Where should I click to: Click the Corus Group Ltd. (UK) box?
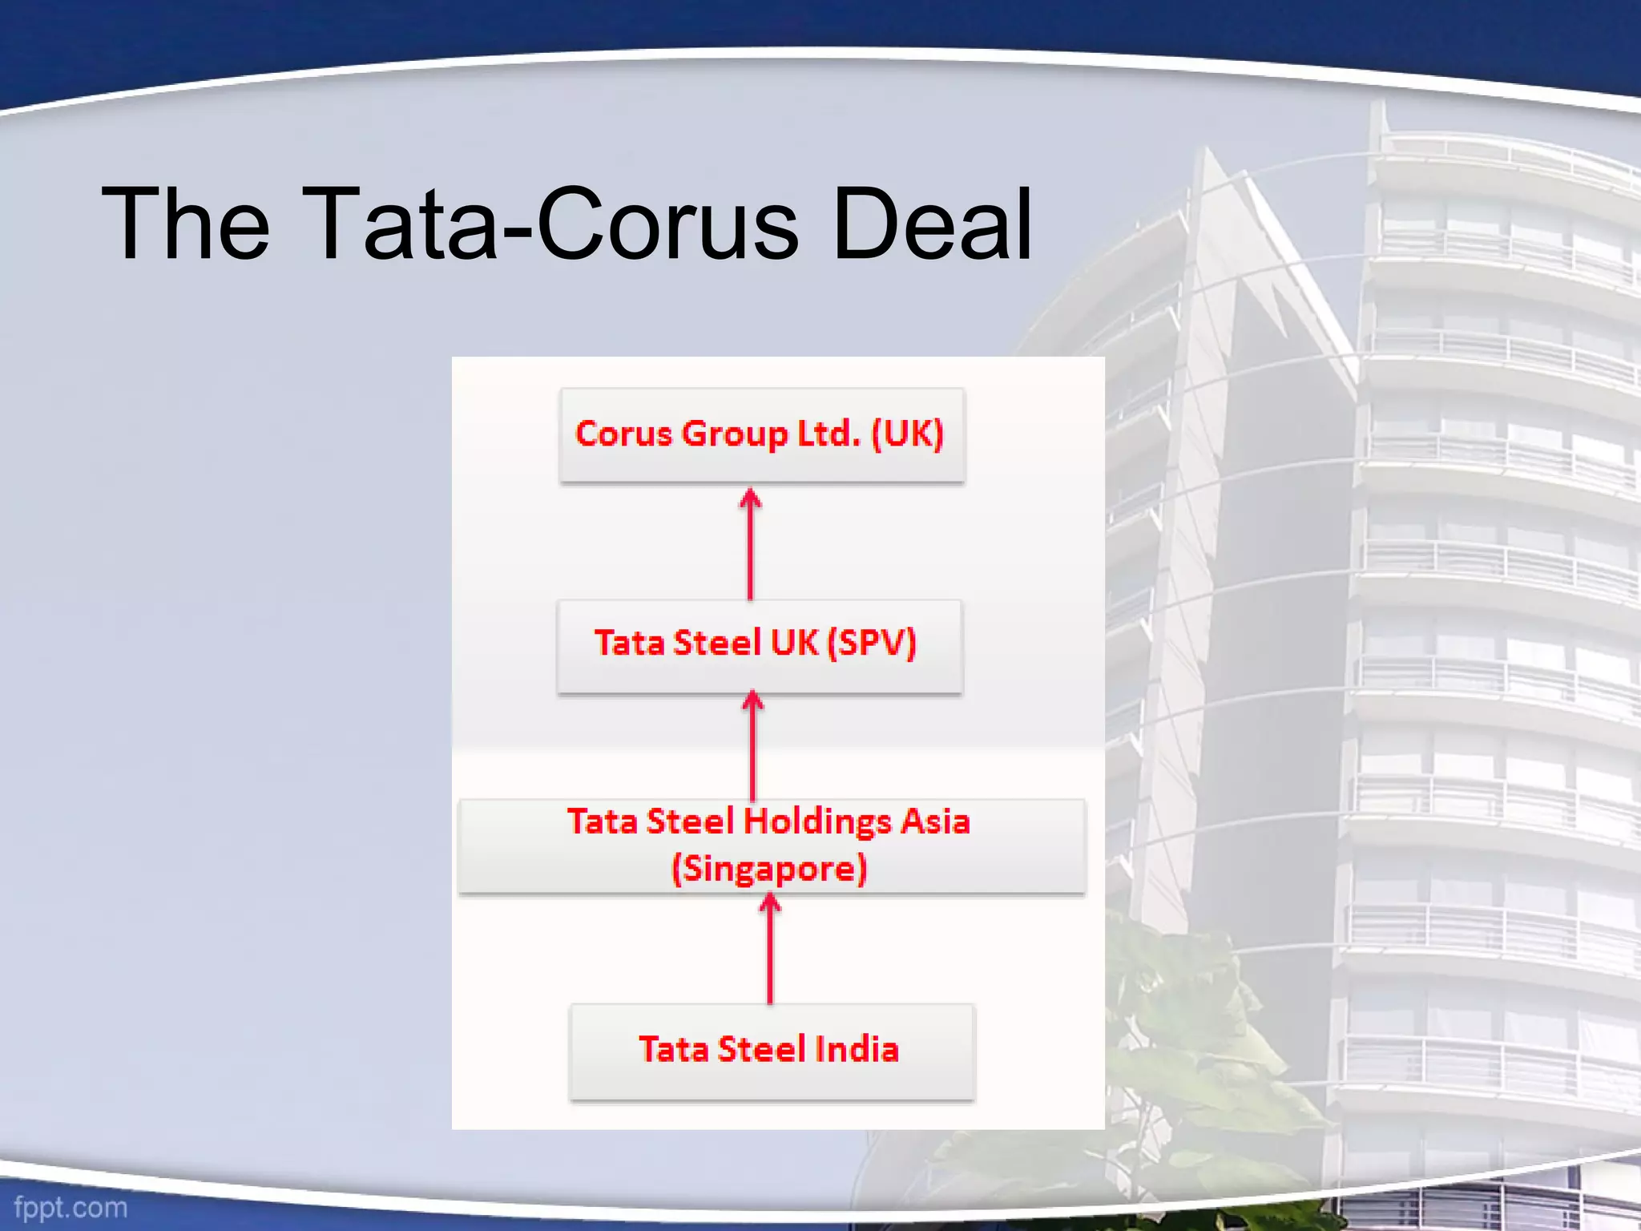(x=761, y=435)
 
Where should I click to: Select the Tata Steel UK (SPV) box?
(x=759, y=645)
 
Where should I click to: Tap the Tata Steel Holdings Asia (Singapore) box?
(x=771, y=845)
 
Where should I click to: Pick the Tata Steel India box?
(x=771, y=1051)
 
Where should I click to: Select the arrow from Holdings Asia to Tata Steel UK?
(x=752, y=745)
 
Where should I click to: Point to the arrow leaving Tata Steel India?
(x=770, y=949)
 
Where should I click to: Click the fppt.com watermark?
(x=71, y=1207)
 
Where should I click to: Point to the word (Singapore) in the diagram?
(x=769, y=869)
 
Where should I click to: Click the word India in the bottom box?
(x=856, y=1050)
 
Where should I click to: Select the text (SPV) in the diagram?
(x=871, y=644)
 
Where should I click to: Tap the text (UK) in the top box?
(x=907, y=434)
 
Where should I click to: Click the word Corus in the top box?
(x=623, y=434)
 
